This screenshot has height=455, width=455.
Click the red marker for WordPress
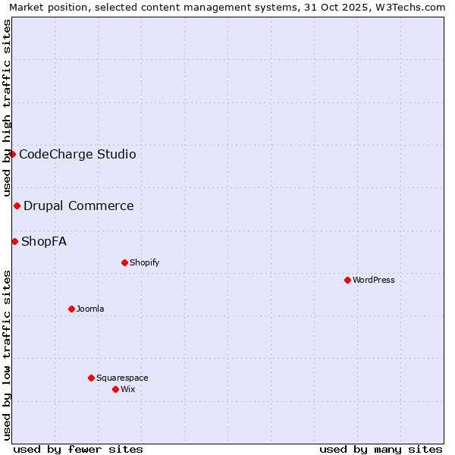(347, 280)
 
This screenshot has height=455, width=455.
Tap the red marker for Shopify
(124, 262)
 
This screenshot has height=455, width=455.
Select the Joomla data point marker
(71, 309)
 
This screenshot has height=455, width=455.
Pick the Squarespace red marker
(91, 378)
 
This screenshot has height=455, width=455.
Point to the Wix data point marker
(115, 389)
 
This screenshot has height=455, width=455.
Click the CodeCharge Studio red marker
(12, 154)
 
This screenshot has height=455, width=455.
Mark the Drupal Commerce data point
(17, 206)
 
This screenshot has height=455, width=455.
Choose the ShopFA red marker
(14, 241)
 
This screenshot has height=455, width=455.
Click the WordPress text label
(374, 280)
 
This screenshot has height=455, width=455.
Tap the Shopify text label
(144, 262)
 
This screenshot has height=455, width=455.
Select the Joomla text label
(90, 309)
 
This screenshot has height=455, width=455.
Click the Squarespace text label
(122, 378)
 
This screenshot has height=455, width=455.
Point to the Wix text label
(127, 389)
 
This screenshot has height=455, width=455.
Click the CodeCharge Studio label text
(77, 154)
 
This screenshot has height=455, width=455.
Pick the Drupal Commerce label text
(79, 206)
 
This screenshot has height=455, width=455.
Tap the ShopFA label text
(44, 241)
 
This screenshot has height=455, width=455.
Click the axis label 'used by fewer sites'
(78, 449)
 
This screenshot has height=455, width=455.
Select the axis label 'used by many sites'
(381, 449)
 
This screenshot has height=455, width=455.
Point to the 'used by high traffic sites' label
(7, 108)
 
